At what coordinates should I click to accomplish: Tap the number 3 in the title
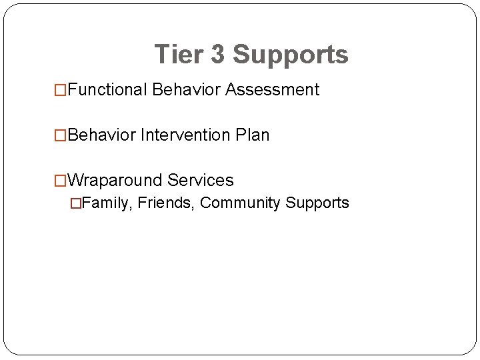219,54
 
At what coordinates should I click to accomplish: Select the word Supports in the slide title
291,55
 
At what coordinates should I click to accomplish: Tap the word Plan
253,135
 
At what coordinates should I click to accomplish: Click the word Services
201,180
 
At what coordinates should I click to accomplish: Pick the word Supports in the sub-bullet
317,203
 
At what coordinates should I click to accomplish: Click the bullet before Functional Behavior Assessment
60,90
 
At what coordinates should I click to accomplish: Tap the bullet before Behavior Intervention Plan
60,135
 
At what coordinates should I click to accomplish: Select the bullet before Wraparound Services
60,181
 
